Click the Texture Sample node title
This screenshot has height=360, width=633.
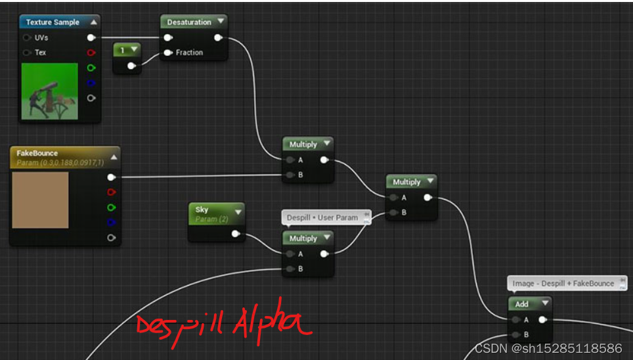(53, 22)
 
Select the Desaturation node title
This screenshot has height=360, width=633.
(188, 22)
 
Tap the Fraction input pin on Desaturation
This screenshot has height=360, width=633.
(168, 53)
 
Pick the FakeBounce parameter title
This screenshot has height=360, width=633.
(37, 153)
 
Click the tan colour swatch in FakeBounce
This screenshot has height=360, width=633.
(40, 200)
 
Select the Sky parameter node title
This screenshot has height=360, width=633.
(202, 210)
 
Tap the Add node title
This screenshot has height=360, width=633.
(521, 304)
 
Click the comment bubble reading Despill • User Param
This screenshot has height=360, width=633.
(322, 217)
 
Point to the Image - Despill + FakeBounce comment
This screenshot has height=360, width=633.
(563, 283)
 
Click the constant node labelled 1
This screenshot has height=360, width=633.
(122, 50)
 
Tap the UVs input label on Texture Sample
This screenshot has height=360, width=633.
(41, 37)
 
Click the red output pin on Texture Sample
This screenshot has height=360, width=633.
(91, 53)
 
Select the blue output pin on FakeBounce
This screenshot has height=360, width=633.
(111, 222)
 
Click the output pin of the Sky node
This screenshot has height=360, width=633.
(235, 233)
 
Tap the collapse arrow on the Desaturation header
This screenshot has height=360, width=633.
(220, 22)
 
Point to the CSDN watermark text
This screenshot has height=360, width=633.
(548, 348)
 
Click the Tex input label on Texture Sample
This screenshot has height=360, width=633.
(40, 53)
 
